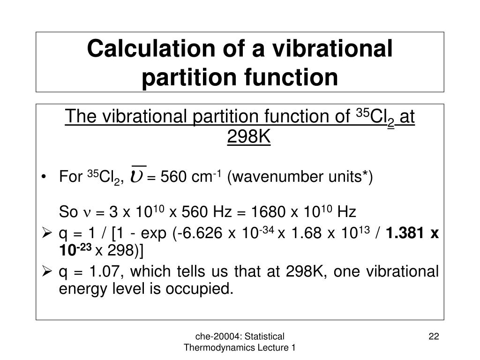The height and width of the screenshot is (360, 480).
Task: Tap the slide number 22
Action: coord(434,336)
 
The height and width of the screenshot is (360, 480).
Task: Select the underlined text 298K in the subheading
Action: coord(249,137)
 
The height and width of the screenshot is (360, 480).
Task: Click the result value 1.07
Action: coord(99,271)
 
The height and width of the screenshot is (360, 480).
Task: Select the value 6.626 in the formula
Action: coord(204,233)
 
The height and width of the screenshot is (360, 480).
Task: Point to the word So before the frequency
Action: coord(68,213)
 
